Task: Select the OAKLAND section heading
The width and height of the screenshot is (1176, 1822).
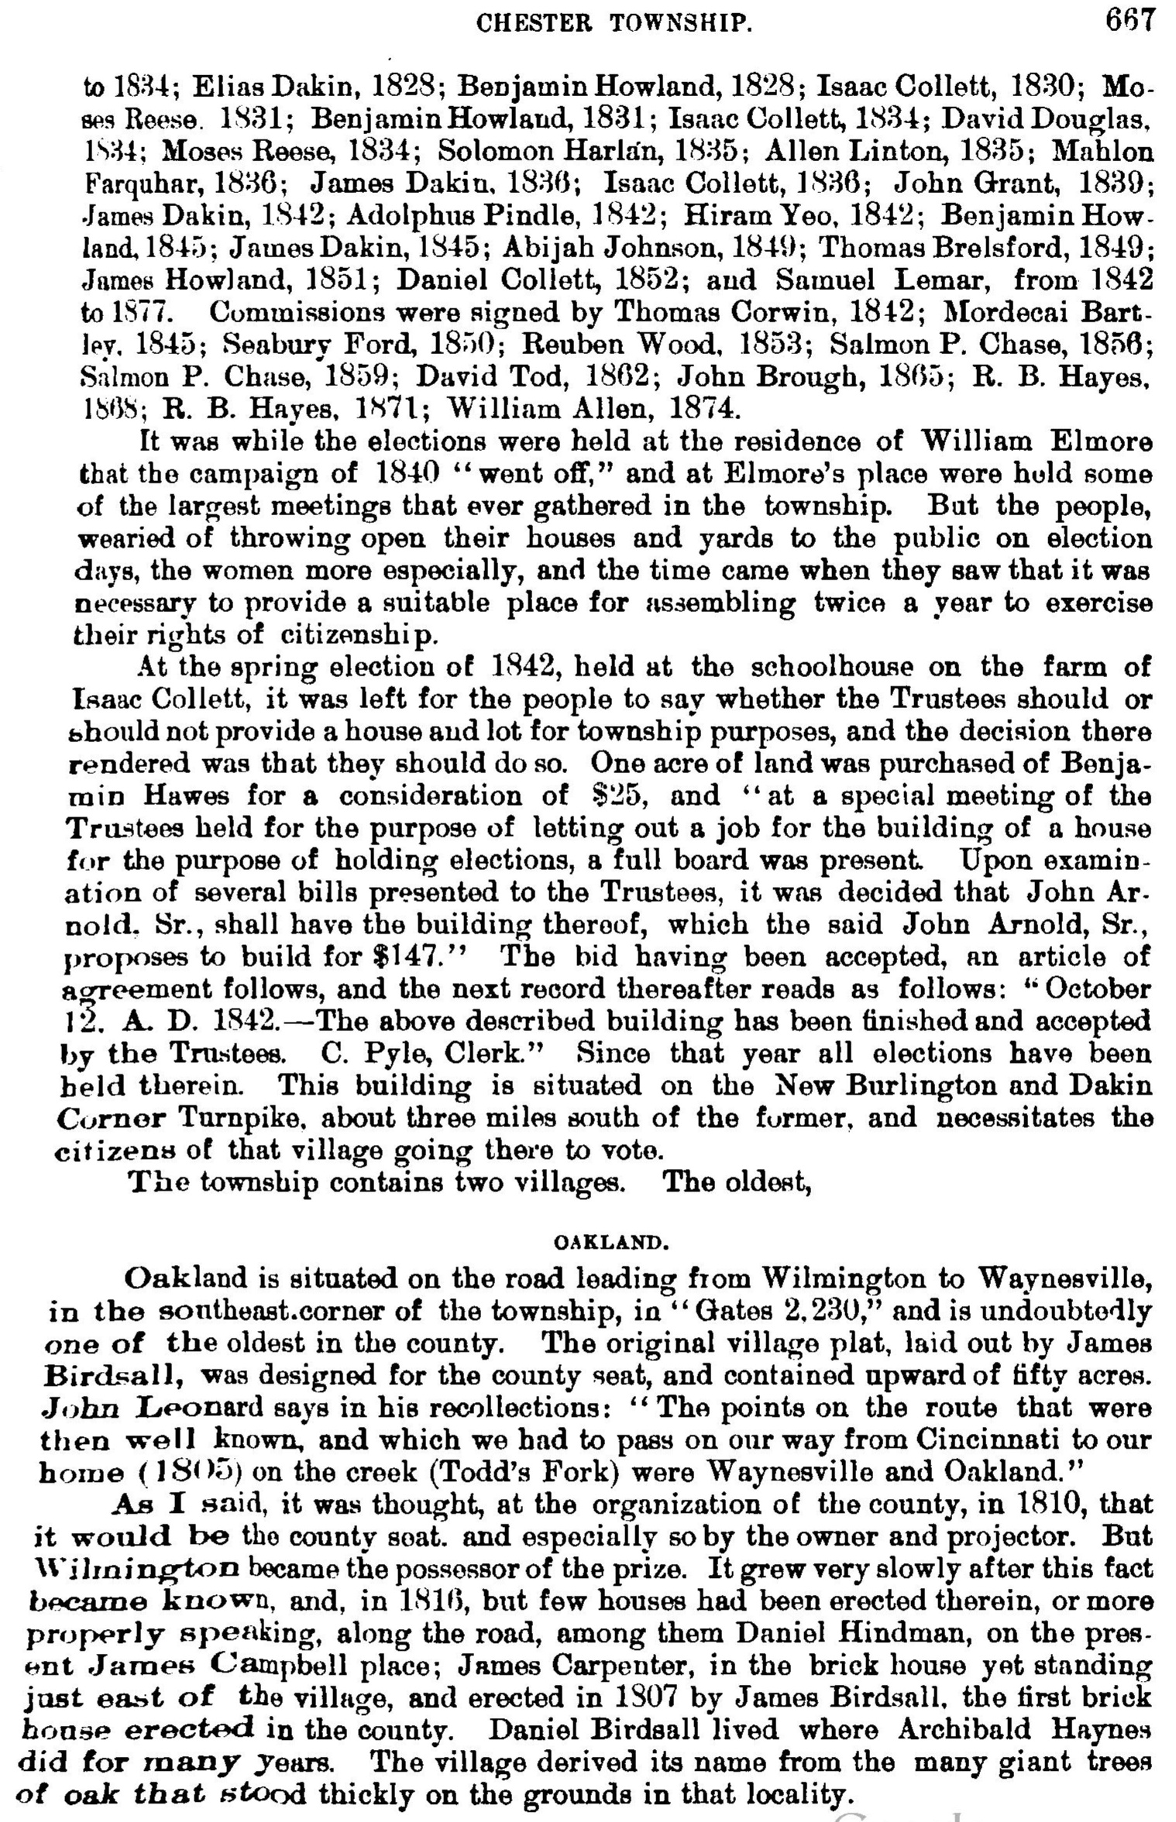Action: pyautogui.click(x=610, y=1243)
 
